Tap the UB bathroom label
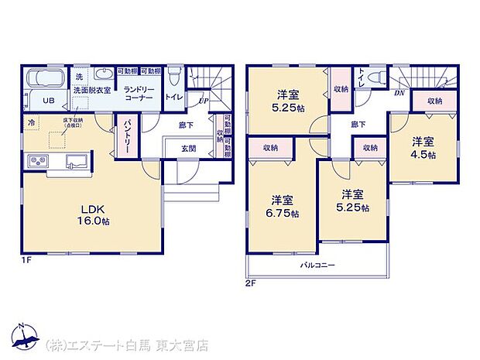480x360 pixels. [x=48, y=100]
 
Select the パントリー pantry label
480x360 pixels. [x=128, y=135]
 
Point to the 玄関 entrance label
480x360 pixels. [x=189, y=149]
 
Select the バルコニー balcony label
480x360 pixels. [x=317, y=266]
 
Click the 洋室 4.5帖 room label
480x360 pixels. [x=423, y=148]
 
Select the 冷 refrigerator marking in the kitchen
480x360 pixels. [x=32, y=122]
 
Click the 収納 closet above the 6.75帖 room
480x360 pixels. [x=270, y=148]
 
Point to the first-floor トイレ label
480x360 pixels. [x=174, y=98]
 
